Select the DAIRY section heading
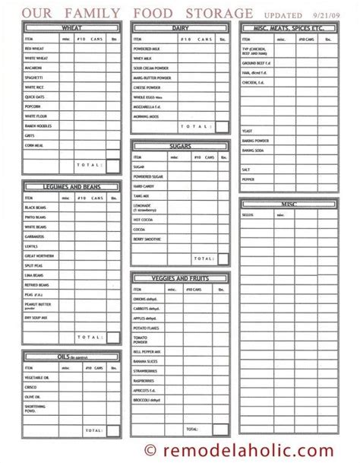click(179, 27)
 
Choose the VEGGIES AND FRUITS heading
click(179, 278)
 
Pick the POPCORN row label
click(33, 106)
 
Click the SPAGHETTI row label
click(35, 78)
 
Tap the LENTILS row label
click(31, 246)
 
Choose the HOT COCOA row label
click(144, 220)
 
